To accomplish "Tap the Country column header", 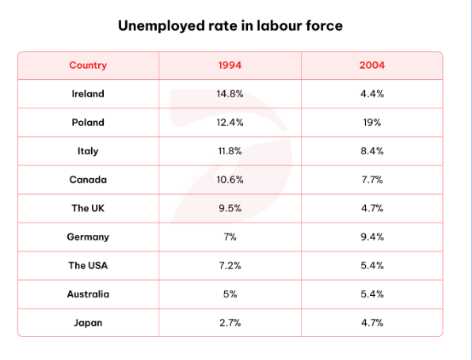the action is [x=88, y=65].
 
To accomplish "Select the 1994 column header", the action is [x=230, y=65].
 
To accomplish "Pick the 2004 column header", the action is [x=372, y=65].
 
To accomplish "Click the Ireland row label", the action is [x=88, y=94].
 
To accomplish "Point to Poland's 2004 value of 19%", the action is [x=372, y=123].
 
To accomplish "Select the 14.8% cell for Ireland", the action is [x=230, y=94].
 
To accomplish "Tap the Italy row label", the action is [x=88, y=151].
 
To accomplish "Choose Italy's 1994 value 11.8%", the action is [x=230, y=151].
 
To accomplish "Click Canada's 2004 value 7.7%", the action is [x=372, y=180].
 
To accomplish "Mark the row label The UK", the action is [x=88, y=208].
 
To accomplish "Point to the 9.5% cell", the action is [x=230, y=208].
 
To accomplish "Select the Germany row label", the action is [x=88, y=237].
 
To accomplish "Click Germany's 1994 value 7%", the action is [x=230, y=237].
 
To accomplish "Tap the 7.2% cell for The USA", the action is [x=230, y=266].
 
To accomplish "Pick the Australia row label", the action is [x=88, y=294].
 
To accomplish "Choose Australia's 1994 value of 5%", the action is [x=230, y=294].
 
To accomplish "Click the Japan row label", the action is [x=88, y=323].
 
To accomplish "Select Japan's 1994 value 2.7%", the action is [x=230, y=323].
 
